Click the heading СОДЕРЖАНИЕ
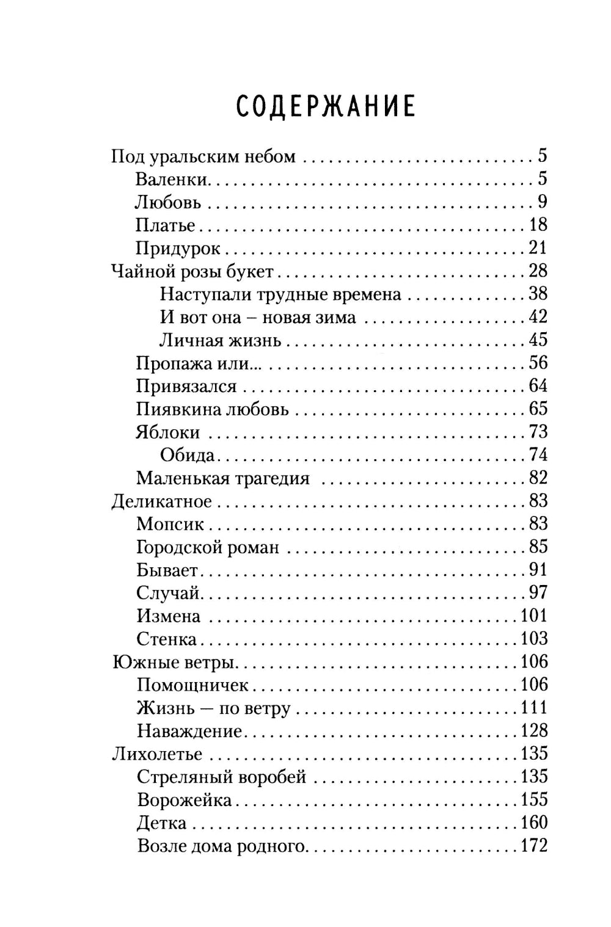(x=325, y=106)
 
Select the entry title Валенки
(x=172, y=180)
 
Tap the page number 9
(x=543, y=202)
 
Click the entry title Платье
(x=165, y=225)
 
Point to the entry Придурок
(x=178, y=249)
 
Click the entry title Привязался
(x=186, y=387)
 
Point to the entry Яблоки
(x=167, y=432)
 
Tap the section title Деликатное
(x=162, y=501)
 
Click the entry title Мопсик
(x=170, y=525)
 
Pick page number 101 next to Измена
(x=533, y=616)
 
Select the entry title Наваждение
(x=189, y=731)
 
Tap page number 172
(x=533, y=846)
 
